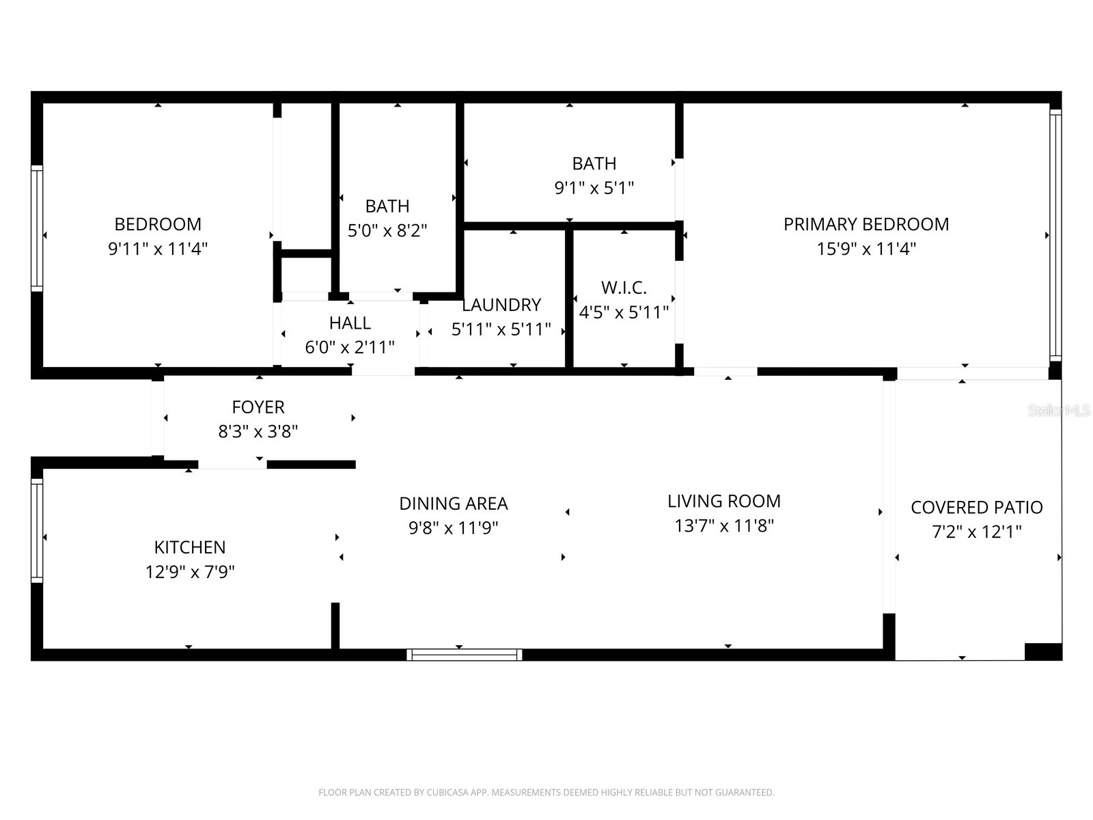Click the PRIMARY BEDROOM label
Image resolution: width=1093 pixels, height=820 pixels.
click(x=866, y=224)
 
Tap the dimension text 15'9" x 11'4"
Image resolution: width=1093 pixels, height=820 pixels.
click(x=866, y=249)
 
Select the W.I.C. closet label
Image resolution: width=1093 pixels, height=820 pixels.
click(x=623, y=288)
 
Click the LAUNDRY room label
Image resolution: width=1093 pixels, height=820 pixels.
click(x=501, y=305)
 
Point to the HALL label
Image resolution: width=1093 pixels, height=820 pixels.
click(x=350, y=323)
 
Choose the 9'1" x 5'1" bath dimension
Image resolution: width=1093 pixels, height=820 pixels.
click(x=594, y=188)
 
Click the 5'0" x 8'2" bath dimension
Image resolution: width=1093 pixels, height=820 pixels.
click(x=387, y=231)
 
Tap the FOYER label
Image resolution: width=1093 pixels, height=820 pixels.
click(x=258, y=407)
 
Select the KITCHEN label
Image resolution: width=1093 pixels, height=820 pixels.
click(x=189, y=547)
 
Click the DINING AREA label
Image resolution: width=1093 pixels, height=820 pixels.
click(x=453, y=504)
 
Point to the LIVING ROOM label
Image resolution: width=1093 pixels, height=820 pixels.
click(x=723, y=502)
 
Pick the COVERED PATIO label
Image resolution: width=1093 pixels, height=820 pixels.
click(x=976, y=508)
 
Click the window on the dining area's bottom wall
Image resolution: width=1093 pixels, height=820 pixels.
click(x=465, y=655)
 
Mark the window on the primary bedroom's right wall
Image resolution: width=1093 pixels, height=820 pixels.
click(x=1055, y=236)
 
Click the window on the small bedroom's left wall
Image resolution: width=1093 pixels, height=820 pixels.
click(x=37, y=228)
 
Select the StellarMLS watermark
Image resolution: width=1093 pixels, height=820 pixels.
click(x=1059, y=411)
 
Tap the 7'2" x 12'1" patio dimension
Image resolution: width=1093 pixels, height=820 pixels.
click(x=976, y=532)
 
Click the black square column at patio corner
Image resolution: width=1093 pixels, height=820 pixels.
click(x=1043, y=651)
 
